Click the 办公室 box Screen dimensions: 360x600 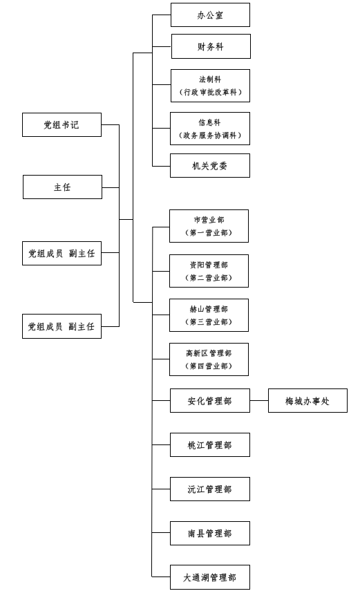[x=210, y=15]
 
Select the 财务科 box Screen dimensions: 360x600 [x=211, y=46]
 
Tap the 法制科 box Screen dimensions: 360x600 [x=210, y=86]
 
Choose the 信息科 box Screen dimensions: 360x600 [x=209, y=129]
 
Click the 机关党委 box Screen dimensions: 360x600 [x=209, y=166]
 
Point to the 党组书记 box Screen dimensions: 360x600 [x=61, y=124]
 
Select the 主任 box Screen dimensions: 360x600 [x=62, y=187]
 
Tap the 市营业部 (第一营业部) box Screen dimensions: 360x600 [x=209, y=226]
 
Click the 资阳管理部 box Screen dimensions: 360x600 [x=209, y=271]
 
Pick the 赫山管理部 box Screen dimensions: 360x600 [x=209, y=315]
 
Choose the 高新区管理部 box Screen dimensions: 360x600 [x=209, y=359]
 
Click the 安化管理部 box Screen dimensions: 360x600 [x=209, y=401]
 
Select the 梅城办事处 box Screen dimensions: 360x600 [x=307, y=401]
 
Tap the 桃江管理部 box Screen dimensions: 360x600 [x=209, y=445]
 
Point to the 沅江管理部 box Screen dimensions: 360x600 [x=209, y=489]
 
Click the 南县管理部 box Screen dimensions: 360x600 [x=209, y=533]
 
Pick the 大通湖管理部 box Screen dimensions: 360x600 [x=209, y=577]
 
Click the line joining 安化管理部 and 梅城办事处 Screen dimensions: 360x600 [x=259, y=401]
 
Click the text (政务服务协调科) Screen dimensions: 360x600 [x=209, y=135]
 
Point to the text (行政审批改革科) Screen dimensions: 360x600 [x=211, y=92]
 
